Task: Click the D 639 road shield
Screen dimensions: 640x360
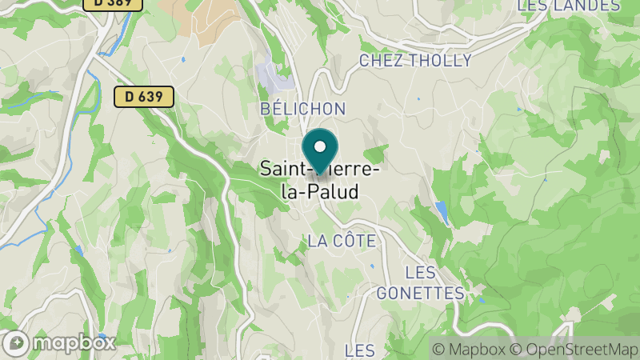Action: click(144, 97)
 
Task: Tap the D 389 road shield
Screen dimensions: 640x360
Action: click(112, 4)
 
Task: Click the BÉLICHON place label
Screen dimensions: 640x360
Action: click(302, 109)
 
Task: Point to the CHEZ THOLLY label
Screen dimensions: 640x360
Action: click(415, 61)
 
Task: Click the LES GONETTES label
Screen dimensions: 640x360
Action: click(420, 283)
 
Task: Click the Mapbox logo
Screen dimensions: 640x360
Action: click(59, 342)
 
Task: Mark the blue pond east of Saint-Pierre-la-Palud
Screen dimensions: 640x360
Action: click(442, 211)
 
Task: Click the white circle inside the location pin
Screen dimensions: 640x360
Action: click(320, 146)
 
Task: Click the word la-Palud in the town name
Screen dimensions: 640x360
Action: click(320, 192)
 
